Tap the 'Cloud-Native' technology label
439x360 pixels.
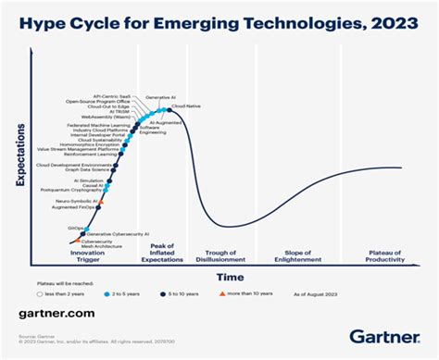coord(186,106)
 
